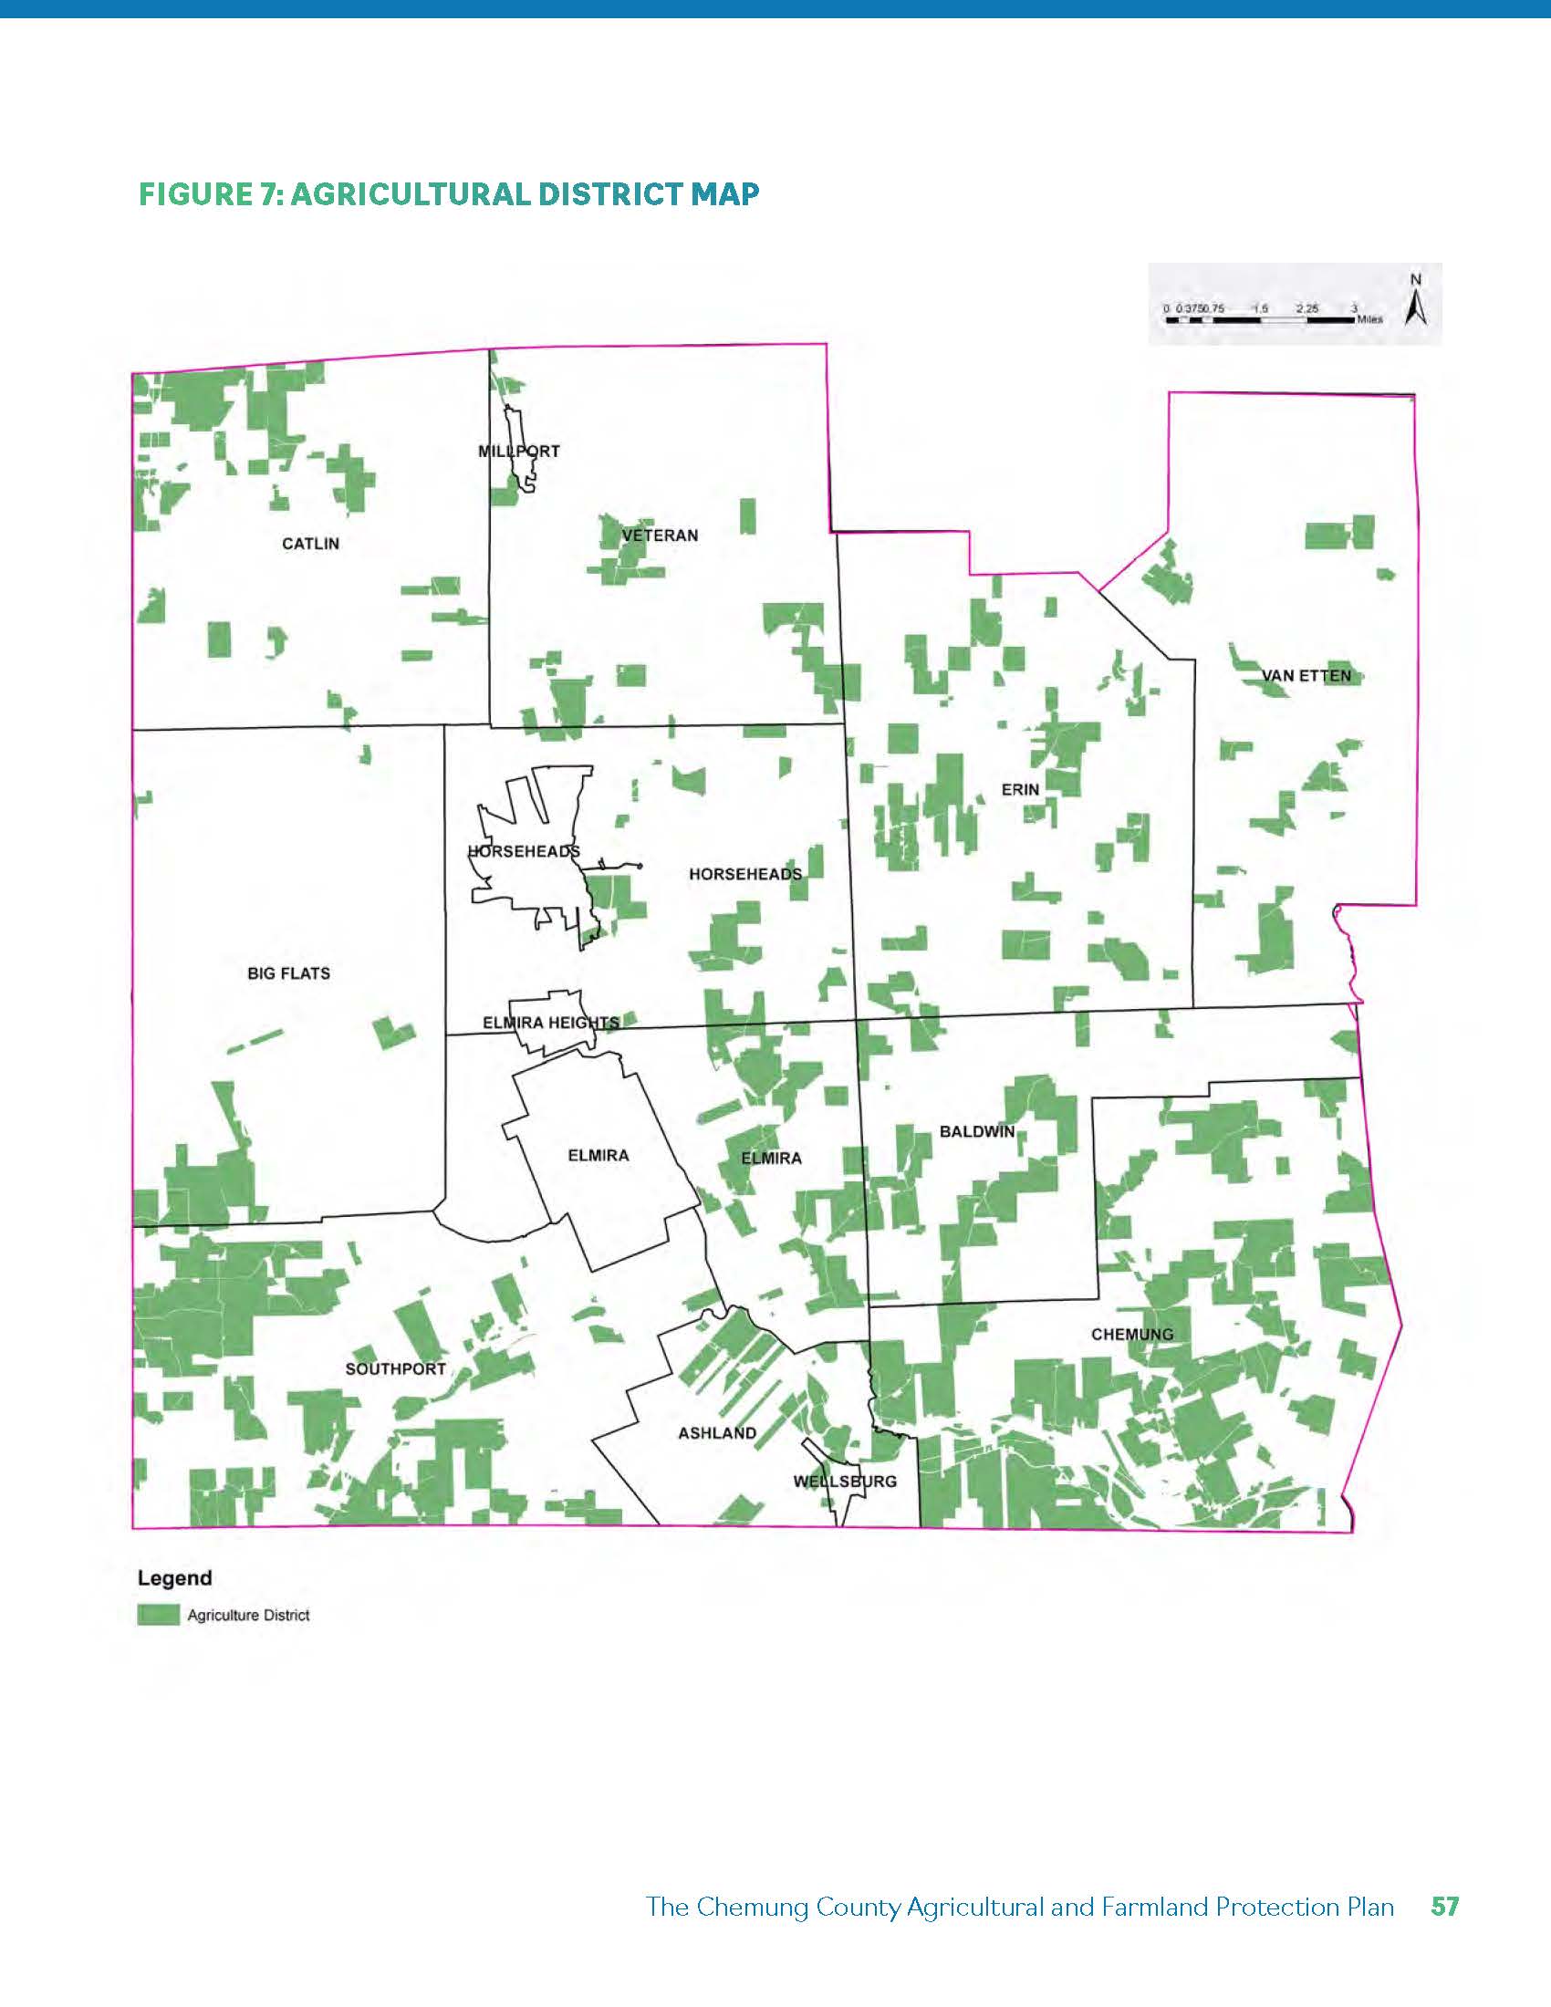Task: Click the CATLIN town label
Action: click(x=310, y=544)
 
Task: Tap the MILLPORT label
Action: click(x=518, y=452)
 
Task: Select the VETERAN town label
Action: click(x=660, y=535)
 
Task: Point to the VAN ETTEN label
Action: click(x=1306, y=675)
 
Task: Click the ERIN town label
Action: click(x=1020, y=789)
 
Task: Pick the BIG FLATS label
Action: click(x=288, y=973)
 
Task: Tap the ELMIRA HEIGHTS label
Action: click(x=550, y=1022)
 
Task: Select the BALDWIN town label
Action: click(x=977, y=1131)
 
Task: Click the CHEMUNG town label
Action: click(x=1132, y=1334)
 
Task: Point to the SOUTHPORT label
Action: click(x=395, y=1368)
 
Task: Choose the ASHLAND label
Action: click(x=717, y=1432)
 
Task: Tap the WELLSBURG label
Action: click(x=845, y=1481)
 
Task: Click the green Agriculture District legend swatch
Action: click(x=158, y=1615)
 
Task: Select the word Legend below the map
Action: click(x=174, y=1578)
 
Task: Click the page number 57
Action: click(x=1444, y=1906)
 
